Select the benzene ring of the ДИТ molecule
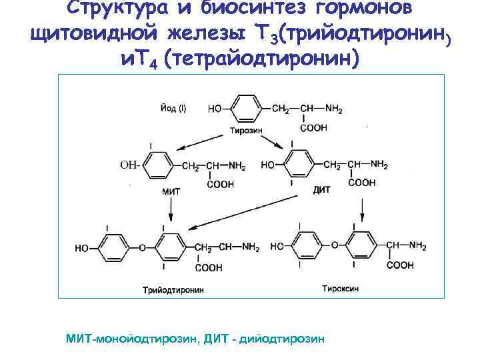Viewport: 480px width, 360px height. coord(298,165)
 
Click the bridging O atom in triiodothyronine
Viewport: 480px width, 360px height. coord(141,248)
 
